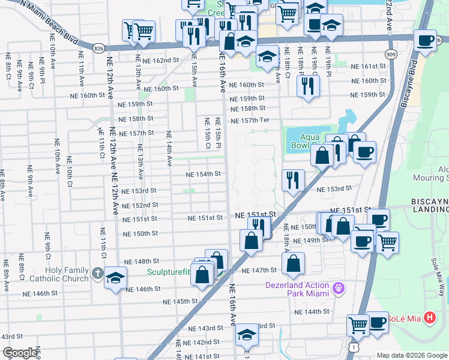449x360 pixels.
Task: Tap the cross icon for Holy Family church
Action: pos(99,274)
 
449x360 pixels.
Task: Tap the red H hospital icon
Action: pos(430,317)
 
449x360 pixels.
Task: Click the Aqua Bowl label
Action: pos(301,141)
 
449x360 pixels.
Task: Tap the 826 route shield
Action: pos(99,47)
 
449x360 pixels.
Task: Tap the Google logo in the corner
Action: pos(20,353)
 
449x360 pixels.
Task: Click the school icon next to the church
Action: pos(115,277)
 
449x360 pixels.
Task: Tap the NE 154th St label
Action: pos(204,174)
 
